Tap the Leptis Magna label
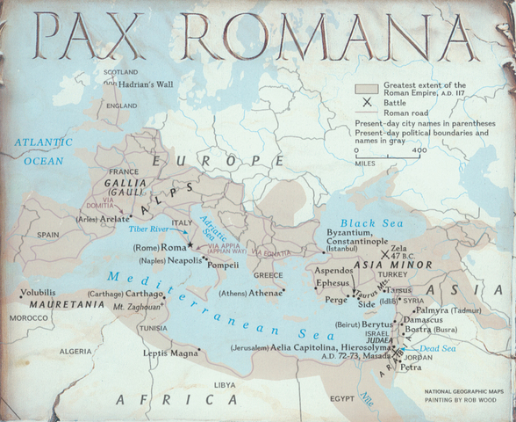coord(171,353)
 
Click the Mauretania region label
coord(61,303)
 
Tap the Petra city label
coord(412,367)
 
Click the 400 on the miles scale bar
coord(419,150)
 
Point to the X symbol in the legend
coord(363,103)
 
